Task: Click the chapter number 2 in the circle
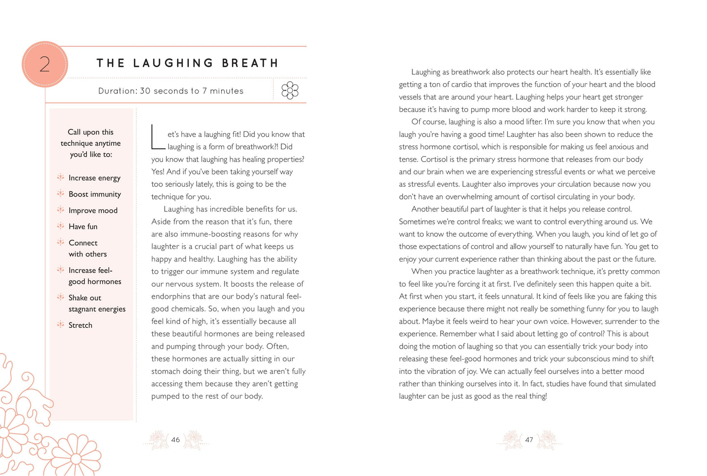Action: pos(45,64)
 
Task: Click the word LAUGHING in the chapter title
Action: pos(173,63)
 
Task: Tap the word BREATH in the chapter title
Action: pos(250,63)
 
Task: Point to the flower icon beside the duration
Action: pos(290,91)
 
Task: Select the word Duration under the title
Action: pos(117,91)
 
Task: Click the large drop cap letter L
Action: pos(158,136)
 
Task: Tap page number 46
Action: pos(175,440)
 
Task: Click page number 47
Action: pos(529,440)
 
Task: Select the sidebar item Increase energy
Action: pos(94,178)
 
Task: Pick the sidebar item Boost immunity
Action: pos(94,194)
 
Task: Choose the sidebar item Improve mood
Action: pos(93,211)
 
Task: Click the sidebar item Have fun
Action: pos(83,227)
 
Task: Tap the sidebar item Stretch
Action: pos(80,325)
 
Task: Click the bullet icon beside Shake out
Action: pos(61,297)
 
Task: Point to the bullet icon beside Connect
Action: pos(61,242)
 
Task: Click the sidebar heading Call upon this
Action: pos(91,132)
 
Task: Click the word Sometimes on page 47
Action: pos(420,222)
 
